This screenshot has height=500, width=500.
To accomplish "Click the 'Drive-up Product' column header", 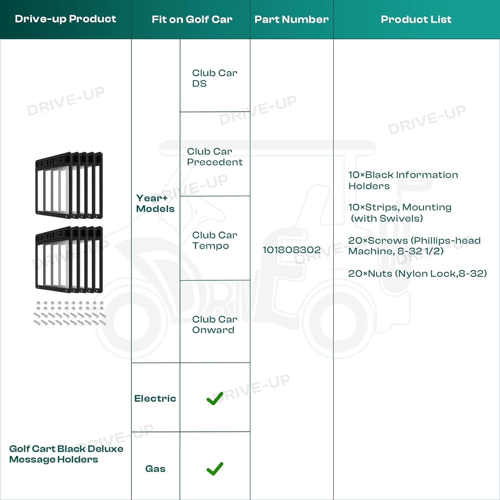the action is pos(65,19).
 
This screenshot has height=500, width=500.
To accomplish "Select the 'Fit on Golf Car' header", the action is pos(192,19).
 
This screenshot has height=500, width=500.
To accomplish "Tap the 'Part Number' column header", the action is pos(292,19).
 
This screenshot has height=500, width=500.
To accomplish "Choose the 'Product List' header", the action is pos(416,19).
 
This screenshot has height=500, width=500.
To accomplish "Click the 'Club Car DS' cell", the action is pos(215,78).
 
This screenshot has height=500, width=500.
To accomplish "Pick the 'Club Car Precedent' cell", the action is pos(215,157).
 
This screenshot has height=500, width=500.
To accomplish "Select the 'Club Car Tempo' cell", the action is pos(215,240).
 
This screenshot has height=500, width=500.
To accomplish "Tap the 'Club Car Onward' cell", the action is pos(215,324).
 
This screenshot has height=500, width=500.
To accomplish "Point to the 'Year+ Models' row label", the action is pos(155,203).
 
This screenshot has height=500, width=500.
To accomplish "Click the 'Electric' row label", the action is pos(155,398).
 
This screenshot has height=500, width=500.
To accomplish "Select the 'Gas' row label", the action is pos(155,469).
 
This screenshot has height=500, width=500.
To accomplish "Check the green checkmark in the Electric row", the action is pos(215,399).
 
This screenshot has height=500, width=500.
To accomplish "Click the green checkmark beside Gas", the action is pos(215,469).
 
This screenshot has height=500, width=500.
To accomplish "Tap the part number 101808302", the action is pos(292,250).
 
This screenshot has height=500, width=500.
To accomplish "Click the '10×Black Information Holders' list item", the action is pos(403,180).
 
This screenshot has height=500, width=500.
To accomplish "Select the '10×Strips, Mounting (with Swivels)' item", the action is pos(400,213).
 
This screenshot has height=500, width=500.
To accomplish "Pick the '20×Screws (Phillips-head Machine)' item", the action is pos(414,246).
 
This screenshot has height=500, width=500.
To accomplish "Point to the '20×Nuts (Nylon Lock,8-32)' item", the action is pos(417,273).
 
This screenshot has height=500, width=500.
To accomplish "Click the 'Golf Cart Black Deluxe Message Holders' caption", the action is pos(66,454).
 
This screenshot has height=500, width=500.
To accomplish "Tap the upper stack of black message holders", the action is pos(69,185).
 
